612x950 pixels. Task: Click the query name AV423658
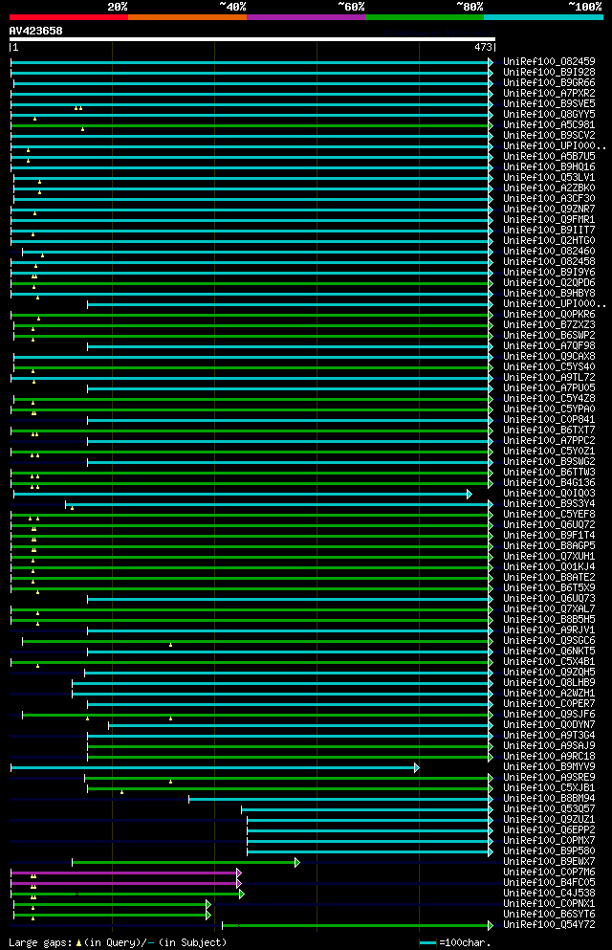point(36,31)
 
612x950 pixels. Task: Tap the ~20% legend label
point(118,6)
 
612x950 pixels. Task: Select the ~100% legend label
point(585,6)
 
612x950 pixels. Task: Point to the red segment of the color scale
point(68,16)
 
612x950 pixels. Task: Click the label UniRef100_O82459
point(549,61)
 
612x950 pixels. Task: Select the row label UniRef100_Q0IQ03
point(549,494)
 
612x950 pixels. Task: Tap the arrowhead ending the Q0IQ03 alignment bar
point(470,494)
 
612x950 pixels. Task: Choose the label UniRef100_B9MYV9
point(549,767)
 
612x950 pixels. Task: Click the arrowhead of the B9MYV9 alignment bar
point(417,767)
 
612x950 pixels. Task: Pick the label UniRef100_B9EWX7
point(549,862)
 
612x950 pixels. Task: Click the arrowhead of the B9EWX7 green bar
point(297,862)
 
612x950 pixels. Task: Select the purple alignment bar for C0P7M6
point(124,873)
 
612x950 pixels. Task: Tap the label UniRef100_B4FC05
point(549,883)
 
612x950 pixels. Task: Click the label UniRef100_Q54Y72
point(549,925)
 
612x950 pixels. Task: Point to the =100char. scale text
point(465,942)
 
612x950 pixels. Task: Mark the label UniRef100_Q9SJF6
point(549,715)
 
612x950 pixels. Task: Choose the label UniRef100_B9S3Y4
point(549,504)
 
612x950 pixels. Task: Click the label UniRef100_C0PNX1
point(549,904)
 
